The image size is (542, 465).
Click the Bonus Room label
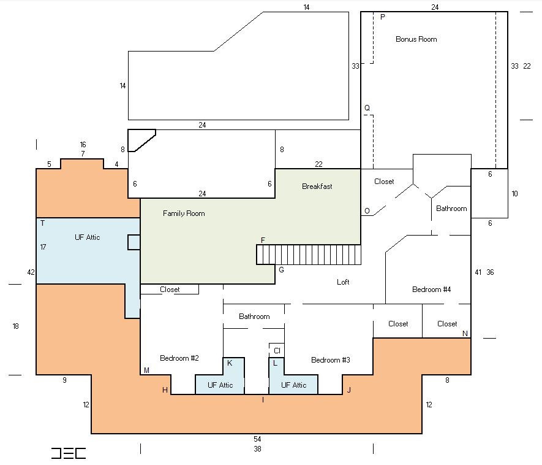[x=416, y=39]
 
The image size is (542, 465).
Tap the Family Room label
[x=184, y=213]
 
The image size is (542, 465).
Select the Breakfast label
[x=317, y=186]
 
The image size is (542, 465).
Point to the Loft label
[x=343, y=282]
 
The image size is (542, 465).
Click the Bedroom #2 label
[x=179, y=358]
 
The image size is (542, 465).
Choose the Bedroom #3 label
[x=331, y=360]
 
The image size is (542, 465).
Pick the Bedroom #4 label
[x=431, y=290]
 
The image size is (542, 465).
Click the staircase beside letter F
[x=309, y=255]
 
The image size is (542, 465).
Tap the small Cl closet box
[x=277, y=350]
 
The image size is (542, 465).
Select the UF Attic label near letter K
[x=220, y=385]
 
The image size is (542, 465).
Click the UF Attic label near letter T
[x=87, y=237]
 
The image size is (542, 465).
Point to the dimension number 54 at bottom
[x=257, y=439]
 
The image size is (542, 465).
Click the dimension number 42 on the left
[x=31, y=272]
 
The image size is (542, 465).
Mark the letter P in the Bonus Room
[x=383, y=17]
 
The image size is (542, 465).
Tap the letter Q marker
[x=367, y=108]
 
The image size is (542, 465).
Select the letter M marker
[x=146, y=371]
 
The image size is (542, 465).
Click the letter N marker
[x=465, y=334]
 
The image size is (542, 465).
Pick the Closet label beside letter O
[x=384, y=182]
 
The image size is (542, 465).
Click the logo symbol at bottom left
[x=69, y=453]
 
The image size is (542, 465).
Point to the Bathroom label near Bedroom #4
[x=451, y=209]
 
